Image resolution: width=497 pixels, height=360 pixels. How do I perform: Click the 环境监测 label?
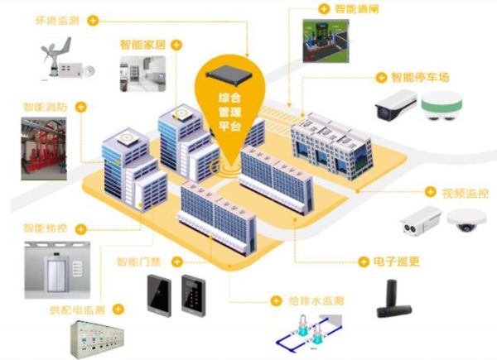57,21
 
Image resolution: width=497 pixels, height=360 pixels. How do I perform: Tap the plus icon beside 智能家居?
176,45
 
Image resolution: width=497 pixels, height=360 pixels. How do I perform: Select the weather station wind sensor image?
67,58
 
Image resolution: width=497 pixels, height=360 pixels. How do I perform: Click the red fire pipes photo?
44,149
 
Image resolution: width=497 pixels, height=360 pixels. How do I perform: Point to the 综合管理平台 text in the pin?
229,112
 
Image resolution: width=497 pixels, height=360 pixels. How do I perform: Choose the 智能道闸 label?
356,8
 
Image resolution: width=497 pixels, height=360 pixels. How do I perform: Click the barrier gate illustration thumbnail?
326,41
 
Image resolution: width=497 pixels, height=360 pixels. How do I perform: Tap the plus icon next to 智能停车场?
381,78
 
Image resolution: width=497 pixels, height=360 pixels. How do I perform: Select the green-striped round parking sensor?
442,106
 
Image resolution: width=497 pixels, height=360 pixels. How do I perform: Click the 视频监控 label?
465,193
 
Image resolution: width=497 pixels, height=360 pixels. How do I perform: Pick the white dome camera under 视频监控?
466,220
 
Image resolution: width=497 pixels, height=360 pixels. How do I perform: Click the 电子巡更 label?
396,262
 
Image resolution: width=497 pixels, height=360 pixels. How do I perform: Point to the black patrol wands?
394,299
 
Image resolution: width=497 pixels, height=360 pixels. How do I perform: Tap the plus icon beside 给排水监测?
276,300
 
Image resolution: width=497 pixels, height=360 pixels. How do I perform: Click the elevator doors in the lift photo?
56,275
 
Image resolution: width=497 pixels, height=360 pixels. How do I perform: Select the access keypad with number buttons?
193,295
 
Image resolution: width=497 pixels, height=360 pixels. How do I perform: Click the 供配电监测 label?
77,310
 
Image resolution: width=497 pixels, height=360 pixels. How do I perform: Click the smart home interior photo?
142,74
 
